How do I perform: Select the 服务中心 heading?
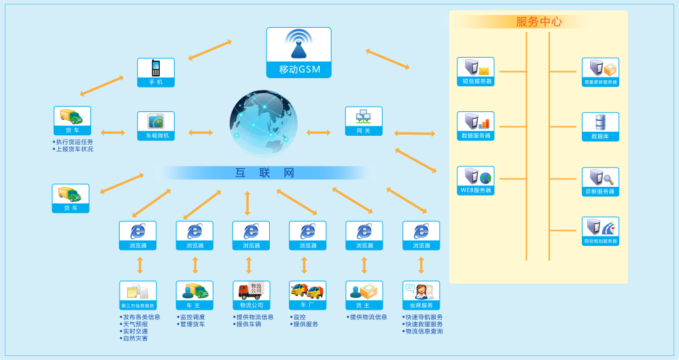[x=539, y=22]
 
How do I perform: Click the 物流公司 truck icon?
[x=251, y=292]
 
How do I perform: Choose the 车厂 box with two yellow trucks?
[x=307, y=292]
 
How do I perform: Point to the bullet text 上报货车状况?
[x=74, y=149]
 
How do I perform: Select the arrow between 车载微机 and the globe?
[x=201, y=132]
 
